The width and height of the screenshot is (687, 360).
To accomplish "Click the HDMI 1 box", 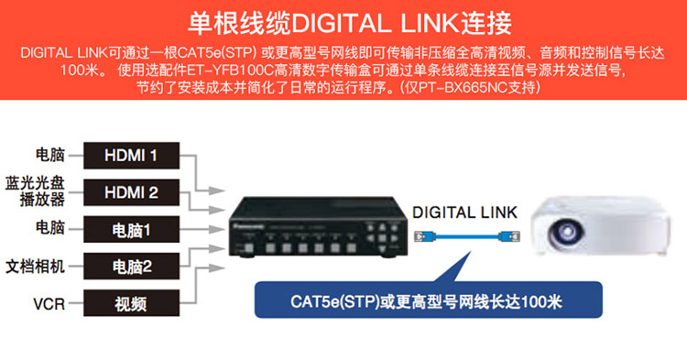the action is [x=131, y=156].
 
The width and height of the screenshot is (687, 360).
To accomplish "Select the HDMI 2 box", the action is [x=131, y=192].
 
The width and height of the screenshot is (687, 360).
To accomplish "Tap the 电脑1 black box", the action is [x=131, y=229].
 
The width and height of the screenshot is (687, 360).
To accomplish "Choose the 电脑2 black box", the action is [x=131, y=266].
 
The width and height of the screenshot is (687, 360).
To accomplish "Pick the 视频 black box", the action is [x=131, y=303].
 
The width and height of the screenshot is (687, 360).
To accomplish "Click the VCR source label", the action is [x=49, y=303].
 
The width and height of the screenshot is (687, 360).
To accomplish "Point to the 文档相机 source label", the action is [x=35, y=267].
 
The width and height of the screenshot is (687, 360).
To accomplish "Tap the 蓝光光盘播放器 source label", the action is [x=35, y=191].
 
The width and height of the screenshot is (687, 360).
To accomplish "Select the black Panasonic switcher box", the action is [x=319, y=227].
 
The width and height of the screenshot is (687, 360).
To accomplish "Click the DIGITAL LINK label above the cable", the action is [x=464, y=213].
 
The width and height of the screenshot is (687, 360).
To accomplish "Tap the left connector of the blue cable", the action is [x=421, y=237].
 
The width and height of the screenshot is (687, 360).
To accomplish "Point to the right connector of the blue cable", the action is [x=512, y=237].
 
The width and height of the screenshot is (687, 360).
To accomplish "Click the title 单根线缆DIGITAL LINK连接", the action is [x=350, y=23].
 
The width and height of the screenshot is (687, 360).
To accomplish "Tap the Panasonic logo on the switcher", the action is [x=248, y=227].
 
